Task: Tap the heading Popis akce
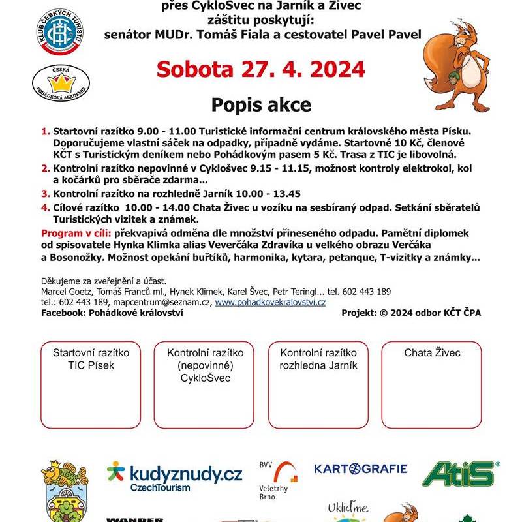pyautogui.click(x=261, y=104)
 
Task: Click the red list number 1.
pyautogui.click(x=45, y=131)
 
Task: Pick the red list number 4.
pyautogui.click(x=45, y=207)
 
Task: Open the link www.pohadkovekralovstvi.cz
pyautogui.click(x=270, y=303)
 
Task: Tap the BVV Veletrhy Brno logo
pyautogui.click(x=277, y=480)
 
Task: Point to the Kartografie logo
pyautogui.click(x=360, y=468)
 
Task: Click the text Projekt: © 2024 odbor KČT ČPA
pyautogui.click(x=411, y=313)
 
